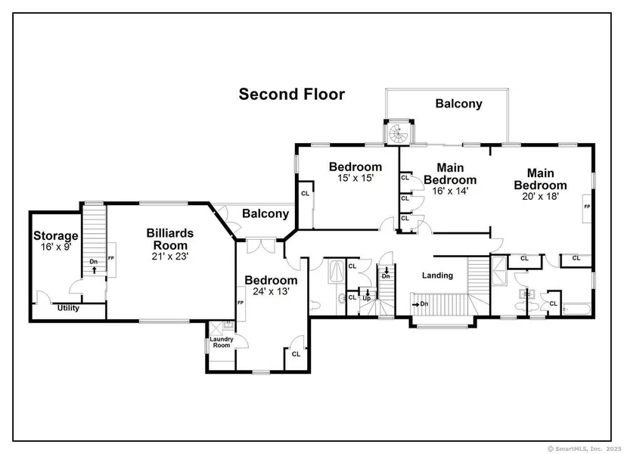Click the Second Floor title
click(292, 95)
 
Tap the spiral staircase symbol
click(399, 133)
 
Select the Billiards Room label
click(170, 239)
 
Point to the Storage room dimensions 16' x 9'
click(56, 247)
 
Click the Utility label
click(68, 308)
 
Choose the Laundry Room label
click(222, 342)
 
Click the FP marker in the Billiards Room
click(111, 259)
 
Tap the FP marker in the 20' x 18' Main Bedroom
click(587, 207)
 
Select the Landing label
click(437, 275)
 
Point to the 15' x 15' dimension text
click(355, 178)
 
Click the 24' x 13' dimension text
click(271, 291)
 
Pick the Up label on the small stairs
click(367, 298)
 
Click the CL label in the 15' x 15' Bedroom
click(306, 194)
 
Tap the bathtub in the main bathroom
click(577, 309)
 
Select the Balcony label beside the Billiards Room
click(265, 214)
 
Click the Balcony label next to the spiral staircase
click(459, 104)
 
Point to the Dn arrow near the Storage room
click(95, 270)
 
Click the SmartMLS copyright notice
click(584, 449)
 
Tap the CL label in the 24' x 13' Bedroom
click(296, 354)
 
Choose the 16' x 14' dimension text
click(450, 191)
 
